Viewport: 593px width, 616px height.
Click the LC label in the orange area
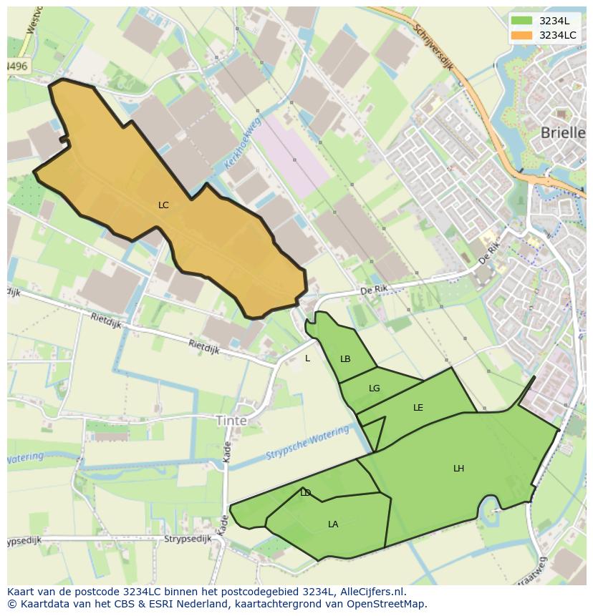(x=163, y=205)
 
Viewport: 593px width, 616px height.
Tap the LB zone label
(x=345, y=359)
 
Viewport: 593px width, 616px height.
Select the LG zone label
(x=374, y=388)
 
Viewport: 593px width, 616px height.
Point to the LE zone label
(x=418, y=408)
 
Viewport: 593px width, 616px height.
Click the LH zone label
(x=458, y=469)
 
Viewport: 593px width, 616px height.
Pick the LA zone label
(x=333, y=524)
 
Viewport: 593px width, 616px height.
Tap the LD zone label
(x=306, y=493)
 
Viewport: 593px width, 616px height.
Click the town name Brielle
(x=563, y=132)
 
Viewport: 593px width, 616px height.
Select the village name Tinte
(x=231, y=421)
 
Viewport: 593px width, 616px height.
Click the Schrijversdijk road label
(x=435, y=54)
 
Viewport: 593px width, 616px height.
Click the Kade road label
(x=226, y=450)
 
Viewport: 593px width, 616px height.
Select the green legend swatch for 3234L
(x=521, y=20)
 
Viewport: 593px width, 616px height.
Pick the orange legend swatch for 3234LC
(x=521, y=34)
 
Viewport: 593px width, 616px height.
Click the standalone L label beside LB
(x=308, y=358)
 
